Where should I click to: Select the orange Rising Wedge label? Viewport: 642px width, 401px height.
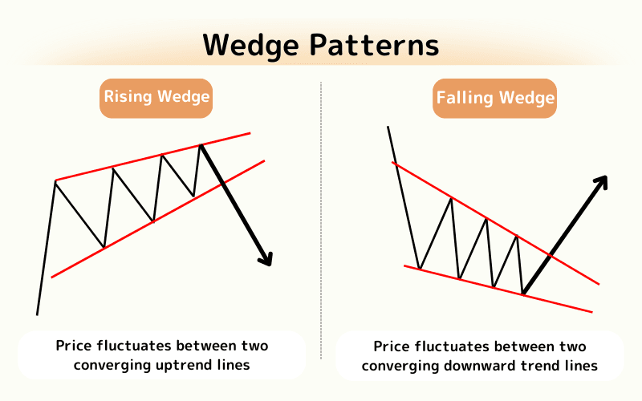(156, 98)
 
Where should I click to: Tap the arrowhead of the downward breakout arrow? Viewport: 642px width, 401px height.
(266, 257)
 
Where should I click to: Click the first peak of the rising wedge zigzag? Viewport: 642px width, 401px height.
(55, 181)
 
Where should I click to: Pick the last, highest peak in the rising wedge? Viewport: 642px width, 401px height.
(201, 145)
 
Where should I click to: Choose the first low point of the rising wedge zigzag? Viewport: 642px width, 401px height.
(104, 247)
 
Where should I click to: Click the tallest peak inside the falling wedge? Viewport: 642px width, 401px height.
(451, 197)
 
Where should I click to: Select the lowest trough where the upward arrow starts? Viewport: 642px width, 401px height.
(522, 294)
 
